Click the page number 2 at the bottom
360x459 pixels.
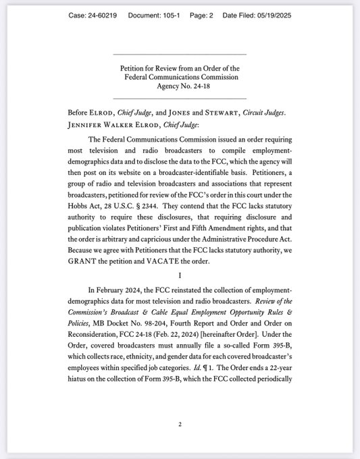pyautogui.click(x=180, y=425)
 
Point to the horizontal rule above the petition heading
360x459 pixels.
pyautogui.click(x=180, y=54)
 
